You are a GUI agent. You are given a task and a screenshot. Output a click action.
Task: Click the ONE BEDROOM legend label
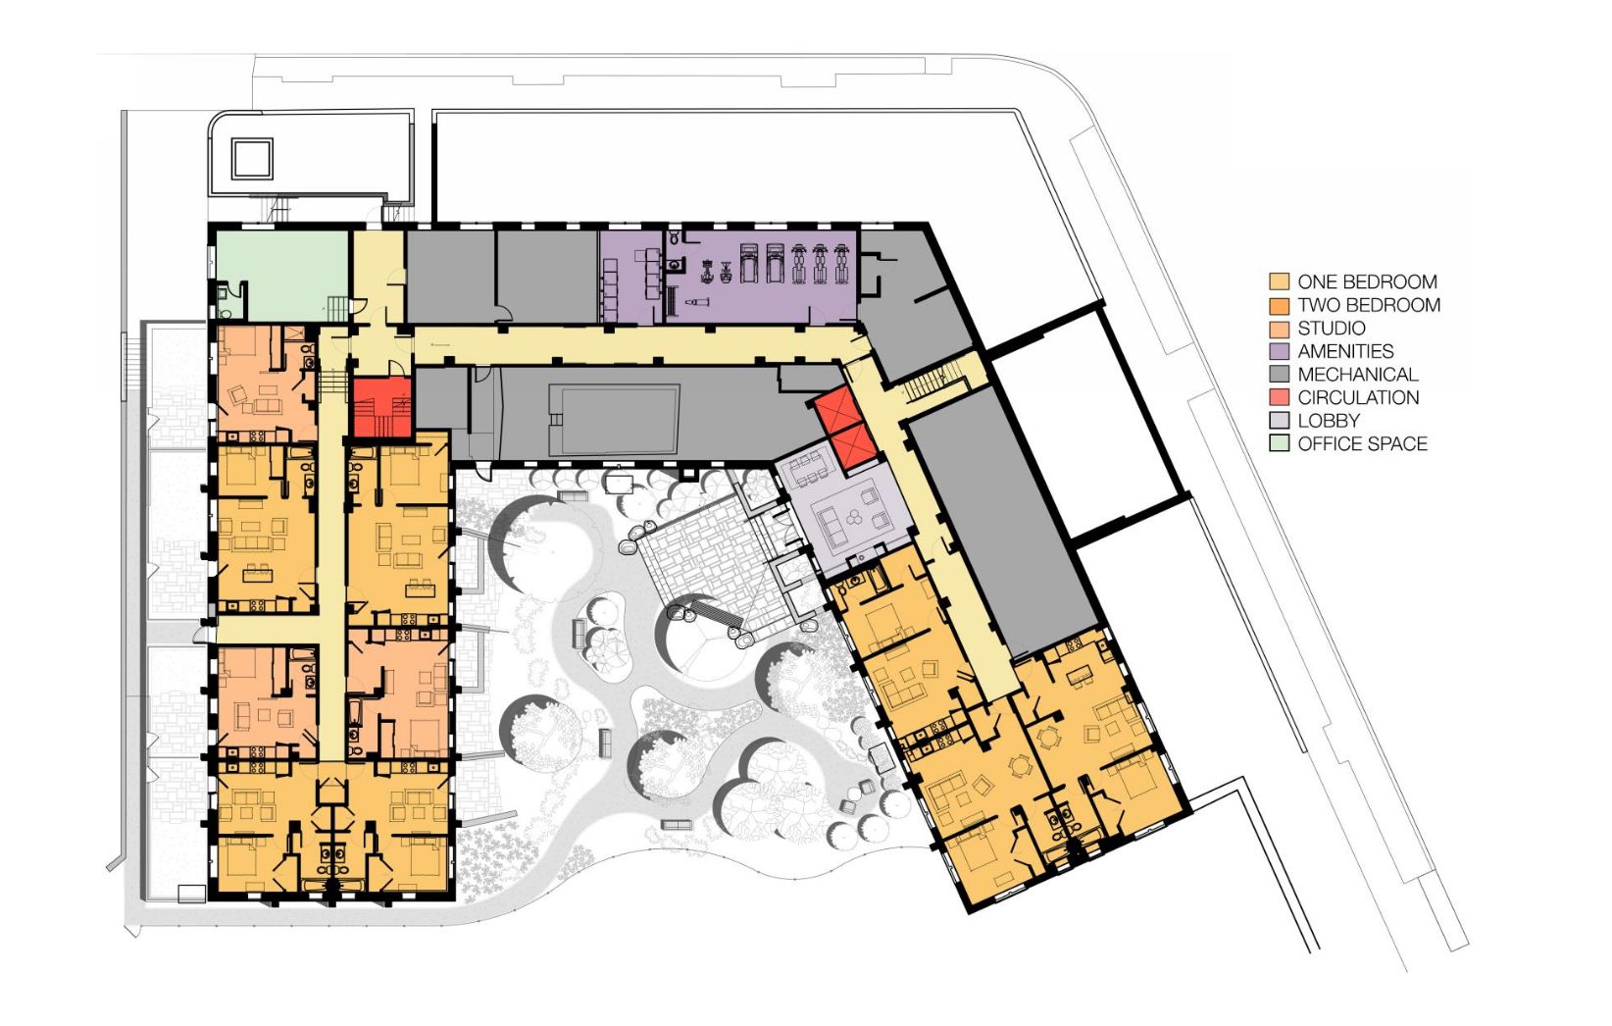point(1367,282)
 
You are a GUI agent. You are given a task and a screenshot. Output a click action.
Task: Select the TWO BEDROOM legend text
point(1369,304)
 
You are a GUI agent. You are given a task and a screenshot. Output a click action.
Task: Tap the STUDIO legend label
point(1332,328)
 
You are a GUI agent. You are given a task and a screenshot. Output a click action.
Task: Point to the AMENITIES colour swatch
point(1279,351)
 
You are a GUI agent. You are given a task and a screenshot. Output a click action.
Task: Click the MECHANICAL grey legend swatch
point(1279,375)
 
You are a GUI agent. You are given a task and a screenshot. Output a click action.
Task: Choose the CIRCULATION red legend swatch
point(1279,397)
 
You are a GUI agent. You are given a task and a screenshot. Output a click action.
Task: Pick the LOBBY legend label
point(1329,421)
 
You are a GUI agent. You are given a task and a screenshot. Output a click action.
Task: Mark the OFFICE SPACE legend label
point(1362,443)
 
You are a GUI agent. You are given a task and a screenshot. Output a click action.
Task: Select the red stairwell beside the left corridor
point(381,407)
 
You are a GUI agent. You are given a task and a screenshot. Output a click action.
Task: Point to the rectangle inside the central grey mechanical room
point(613,419)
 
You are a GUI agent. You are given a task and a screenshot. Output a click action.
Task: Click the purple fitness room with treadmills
point(763,277)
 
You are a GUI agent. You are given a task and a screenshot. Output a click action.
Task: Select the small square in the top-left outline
point(252,159)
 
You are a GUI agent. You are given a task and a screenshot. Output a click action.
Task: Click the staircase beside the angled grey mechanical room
point(932,383)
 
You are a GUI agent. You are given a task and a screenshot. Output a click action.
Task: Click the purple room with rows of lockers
point(631,277)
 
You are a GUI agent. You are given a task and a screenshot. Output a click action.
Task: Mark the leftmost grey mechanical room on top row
point(450,275)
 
